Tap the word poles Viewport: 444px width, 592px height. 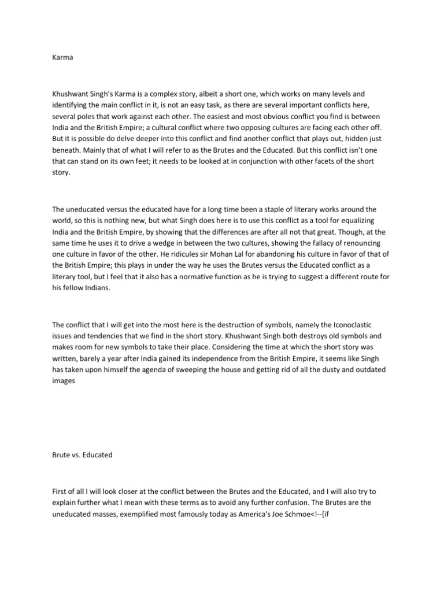[88, 116]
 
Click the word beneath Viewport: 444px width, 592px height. [65, 151]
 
